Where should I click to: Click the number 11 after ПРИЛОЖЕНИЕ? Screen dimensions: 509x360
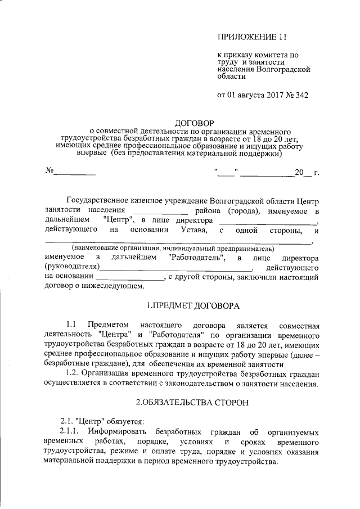(282, 38)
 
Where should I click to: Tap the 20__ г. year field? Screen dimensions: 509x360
(307, 172)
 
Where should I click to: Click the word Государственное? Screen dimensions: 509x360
(99, 200)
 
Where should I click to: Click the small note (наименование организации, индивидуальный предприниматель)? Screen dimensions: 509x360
(172, 248)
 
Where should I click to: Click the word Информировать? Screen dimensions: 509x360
(116, 431)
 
